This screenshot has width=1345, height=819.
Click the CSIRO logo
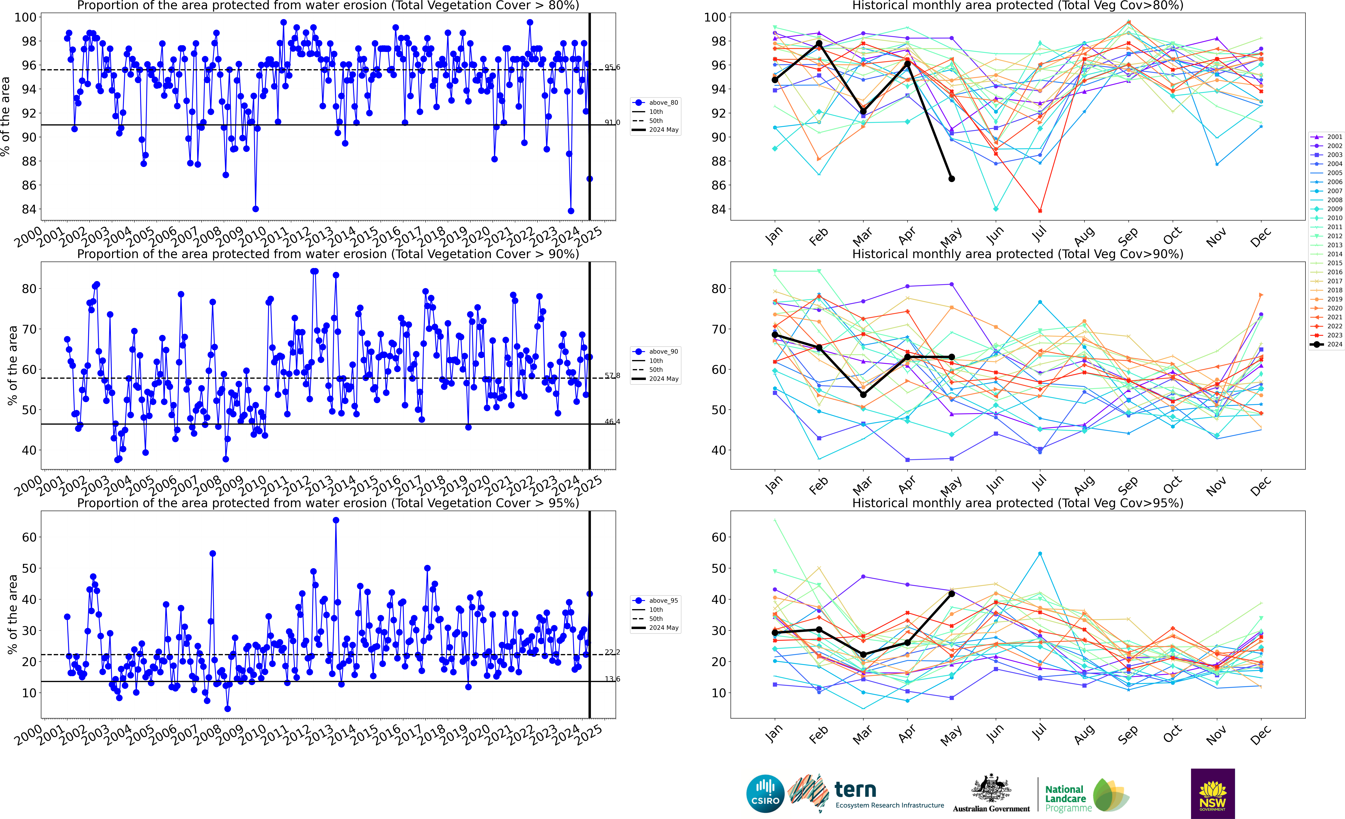tap(765, 793)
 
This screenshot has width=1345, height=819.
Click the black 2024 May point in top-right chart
tap(951, 179)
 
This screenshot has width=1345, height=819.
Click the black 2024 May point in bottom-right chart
tap(951, 593)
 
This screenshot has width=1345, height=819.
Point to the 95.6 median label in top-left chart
tap(612, 67)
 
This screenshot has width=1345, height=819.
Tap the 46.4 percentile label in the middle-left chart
tap(612, 421)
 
